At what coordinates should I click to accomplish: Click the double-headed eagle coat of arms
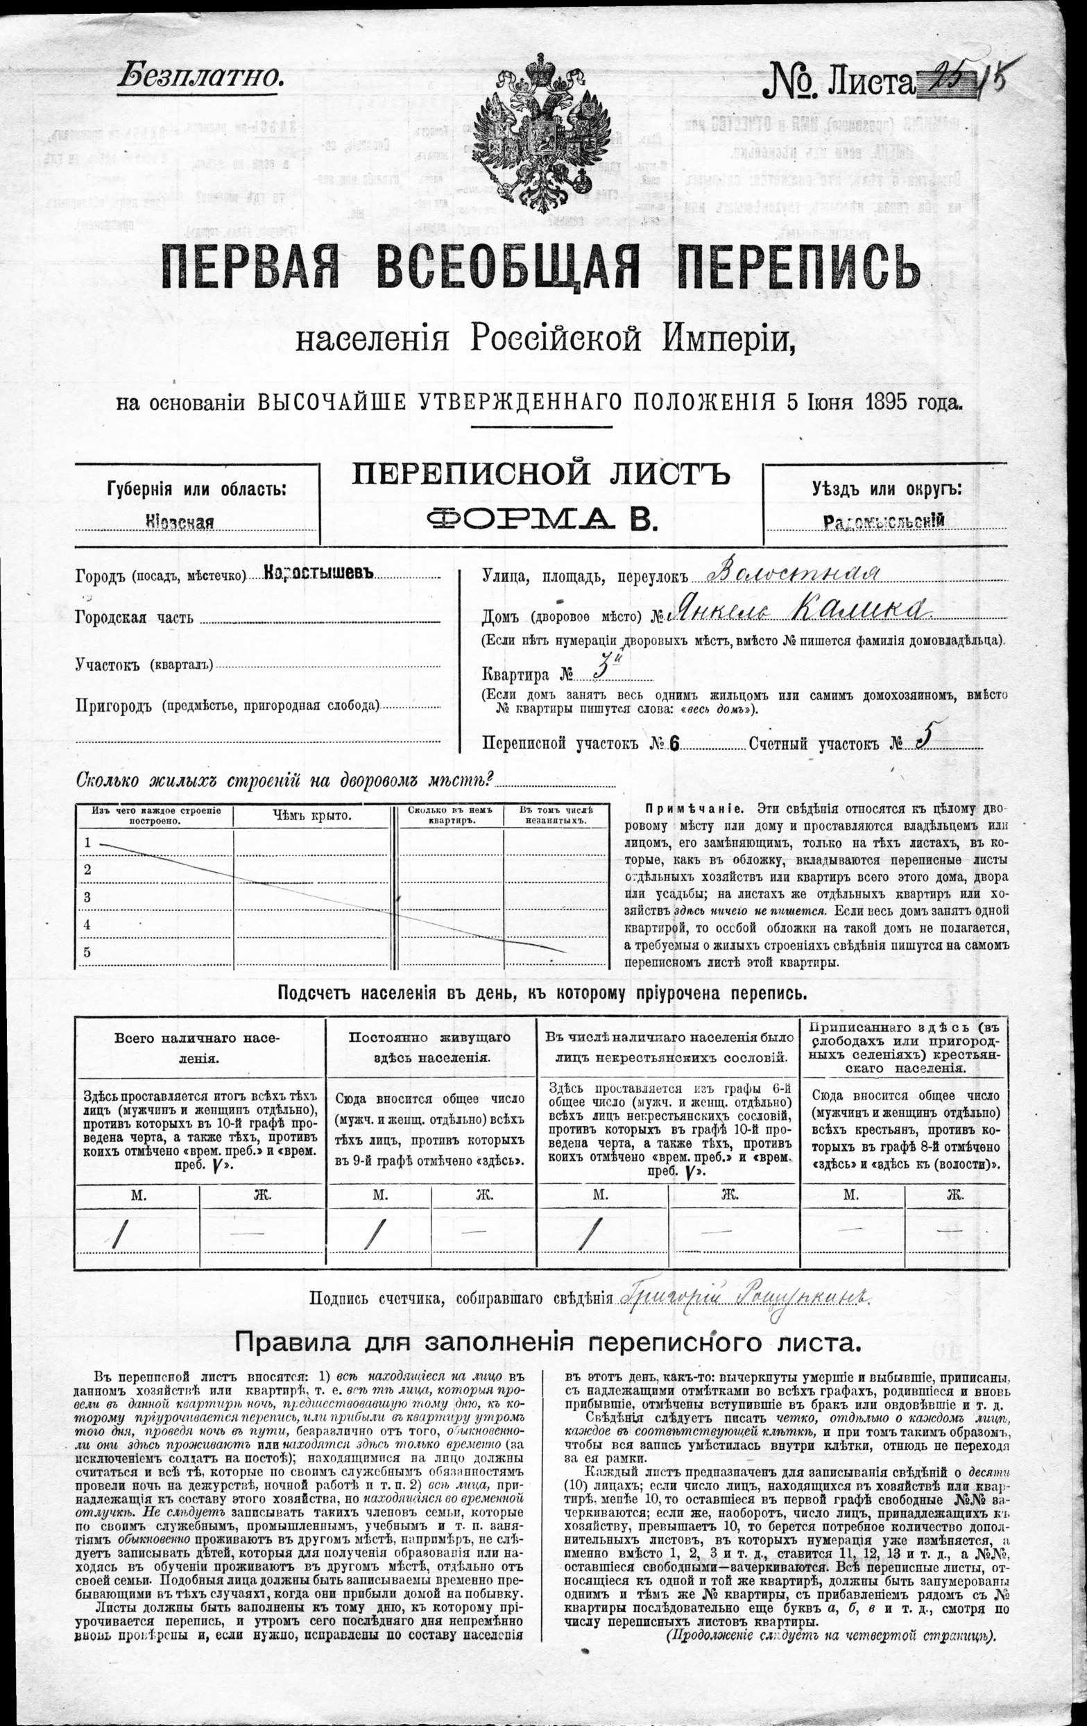pyautogui.click(x=542, y=133)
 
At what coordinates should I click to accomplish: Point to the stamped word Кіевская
pyautogui.click(x=180, y=521)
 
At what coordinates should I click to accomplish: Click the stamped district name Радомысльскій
pyautogui.click(x=884, y=521)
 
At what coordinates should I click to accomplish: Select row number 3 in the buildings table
pyautogui.click(x=87, y=897)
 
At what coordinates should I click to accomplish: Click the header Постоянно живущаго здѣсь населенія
pyautogui.click(x=430, y=1047)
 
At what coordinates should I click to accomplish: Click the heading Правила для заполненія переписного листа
pyautogui.click(x=547, y=1342)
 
